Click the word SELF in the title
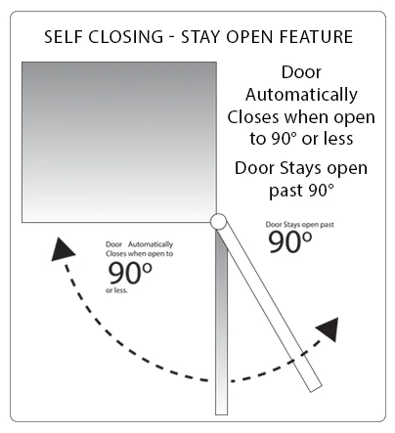click(63, 36)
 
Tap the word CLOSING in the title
click(125, 36)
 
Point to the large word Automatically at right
click(301, 95)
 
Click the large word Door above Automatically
click(301, 72)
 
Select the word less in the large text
click(338, 139)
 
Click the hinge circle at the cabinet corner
click(218, 222)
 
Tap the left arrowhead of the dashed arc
click(62, 250)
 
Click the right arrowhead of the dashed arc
click(329, 328)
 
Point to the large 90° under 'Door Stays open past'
click(289, 241)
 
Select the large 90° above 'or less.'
click(130, 273)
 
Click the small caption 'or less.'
click(116, 290)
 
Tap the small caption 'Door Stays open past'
click(299, 225)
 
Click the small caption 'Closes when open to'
click(139, 254)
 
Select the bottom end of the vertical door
click(221, 413)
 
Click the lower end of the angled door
click(315, 388)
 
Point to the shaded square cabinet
click(119, 143)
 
